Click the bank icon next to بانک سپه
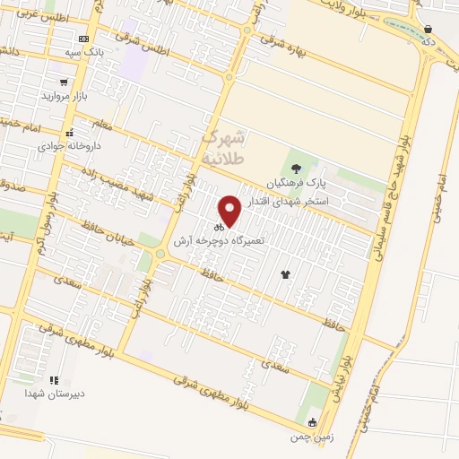[x=83, y=39]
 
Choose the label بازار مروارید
[x=68, y=95]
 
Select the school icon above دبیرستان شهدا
[x=54, y=381]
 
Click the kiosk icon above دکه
[x=429, y=30]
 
